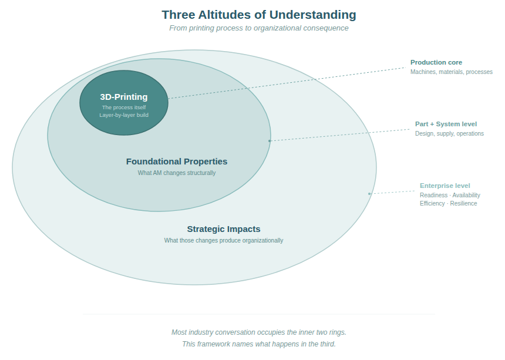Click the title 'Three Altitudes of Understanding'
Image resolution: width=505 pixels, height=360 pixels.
258,15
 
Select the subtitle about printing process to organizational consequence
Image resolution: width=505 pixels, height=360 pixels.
258,28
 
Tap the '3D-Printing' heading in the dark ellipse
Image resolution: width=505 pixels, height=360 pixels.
124,97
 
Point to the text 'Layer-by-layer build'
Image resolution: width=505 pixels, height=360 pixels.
124,115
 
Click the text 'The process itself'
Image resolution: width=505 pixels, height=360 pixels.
124,107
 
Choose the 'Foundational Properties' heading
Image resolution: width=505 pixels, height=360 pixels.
177,162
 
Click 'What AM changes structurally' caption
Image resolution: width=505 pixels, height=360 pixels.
177,173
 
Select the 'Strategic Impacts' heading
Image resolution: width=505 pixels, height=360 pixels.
224,229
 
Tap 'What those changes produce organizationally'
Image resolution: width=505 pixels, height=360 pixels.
224,241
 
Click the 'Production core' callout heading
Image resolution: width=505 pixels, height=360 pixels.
436,62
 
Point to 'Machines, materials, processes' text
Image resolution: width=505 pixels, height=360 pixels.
451,72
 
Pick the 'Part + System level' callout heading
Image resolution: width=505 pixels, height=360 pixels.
446,124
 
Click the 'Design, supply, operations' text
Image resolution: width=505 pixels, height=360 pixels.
449,133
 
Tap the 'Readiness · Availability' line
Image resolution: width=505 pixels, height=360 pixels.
450,195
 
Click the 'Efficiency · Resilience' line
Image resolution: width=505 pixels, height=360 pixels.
448,203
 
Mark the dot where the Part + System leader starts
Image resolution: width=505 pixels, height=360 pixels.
270,141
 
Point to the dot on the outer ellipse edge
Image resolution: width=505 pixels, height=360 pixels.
369,194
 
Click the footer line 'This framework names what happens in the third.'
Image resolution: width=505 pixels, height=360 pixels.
259,344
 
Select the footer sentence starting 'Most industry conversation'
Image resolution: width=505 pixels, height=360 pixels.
259,332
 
